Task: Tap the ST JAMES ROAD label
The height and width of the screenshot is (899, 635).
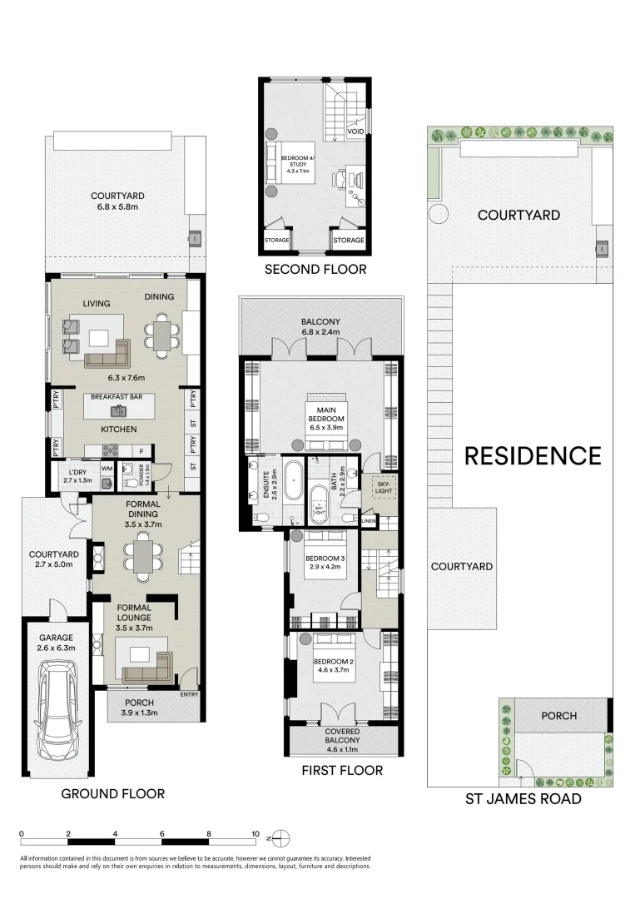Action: (521, 799)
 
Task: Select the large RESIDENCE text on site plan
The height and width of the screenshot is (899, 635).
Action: (532, 456)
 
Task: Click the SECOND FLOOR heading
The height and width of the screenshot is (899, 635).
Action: (315, 269)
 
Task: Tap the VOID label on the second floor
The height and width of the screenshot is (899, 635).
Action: (355, 132)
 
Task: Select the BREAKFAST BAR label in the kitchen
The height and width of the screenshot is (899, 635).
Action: (117, 397)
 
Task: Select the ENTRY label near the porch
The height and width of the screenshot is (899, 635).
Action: (190, 694)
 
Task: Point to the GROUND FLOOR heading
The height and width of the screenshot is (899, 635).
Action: (113, 793)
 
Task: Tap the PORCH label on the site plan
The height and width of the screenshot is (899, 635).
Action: (558, 716)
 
